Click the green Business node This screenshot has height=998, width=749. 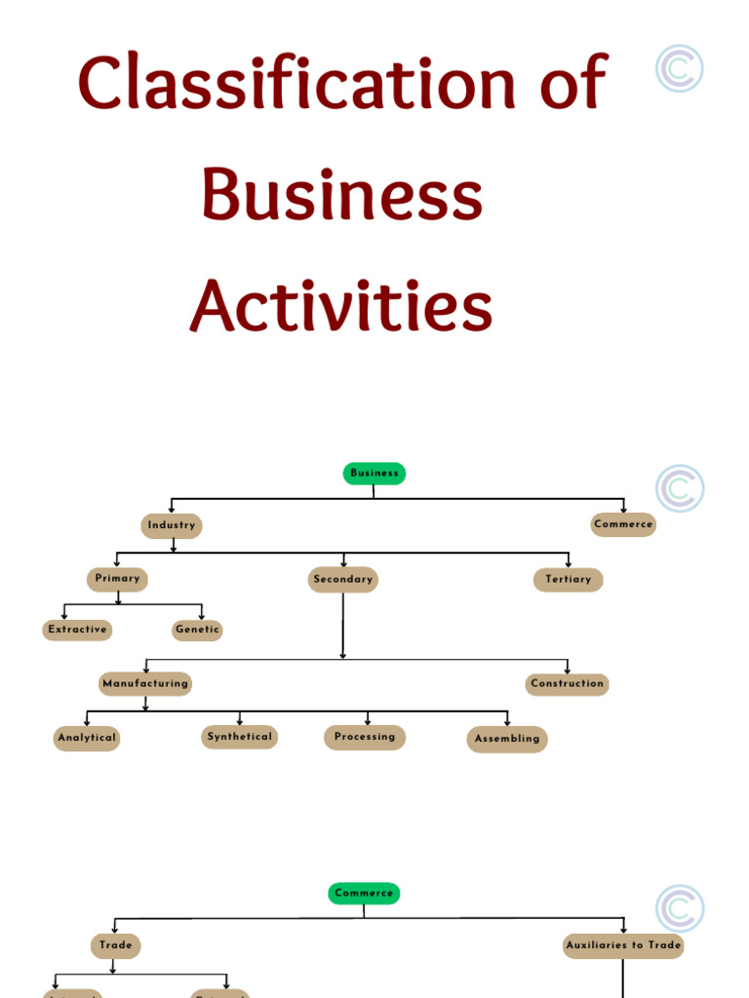coord(374,474)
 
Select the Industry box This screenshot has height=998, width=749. coord(172,525)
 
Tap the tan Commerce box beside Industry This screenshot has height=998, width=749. coord(623,524)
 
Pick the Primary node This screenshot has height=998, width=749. coord(117,579)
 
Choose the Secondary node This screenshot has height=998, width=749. coord(343,579)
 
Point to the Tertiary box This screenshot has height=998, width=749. coord(568,580)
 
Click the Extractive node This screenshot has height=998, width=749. coord(77,630)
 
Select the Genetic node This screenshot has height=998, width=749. coord(197,630)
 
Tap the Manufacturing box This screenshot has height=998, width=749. coord(145,684)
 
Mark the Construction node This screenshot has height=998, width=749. coord(568,684)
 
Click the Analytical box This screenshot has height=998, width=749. coord(87,739)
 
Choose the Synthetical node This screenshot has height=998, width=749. coord(240,737)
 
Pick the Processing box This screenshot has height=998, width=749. coord(365,737)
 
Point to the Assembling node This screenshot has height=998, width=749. coord(507,739)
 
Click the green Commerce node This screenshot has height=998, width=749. coord(364,893)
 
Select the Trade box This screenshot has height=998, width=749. coord(115,945)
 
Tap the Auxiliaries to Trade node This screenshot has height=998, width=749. coord(623,945)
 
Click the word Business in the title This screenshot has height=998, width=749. coord(342,195)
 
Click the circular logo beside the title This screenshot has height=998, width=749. coord(680,68)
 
